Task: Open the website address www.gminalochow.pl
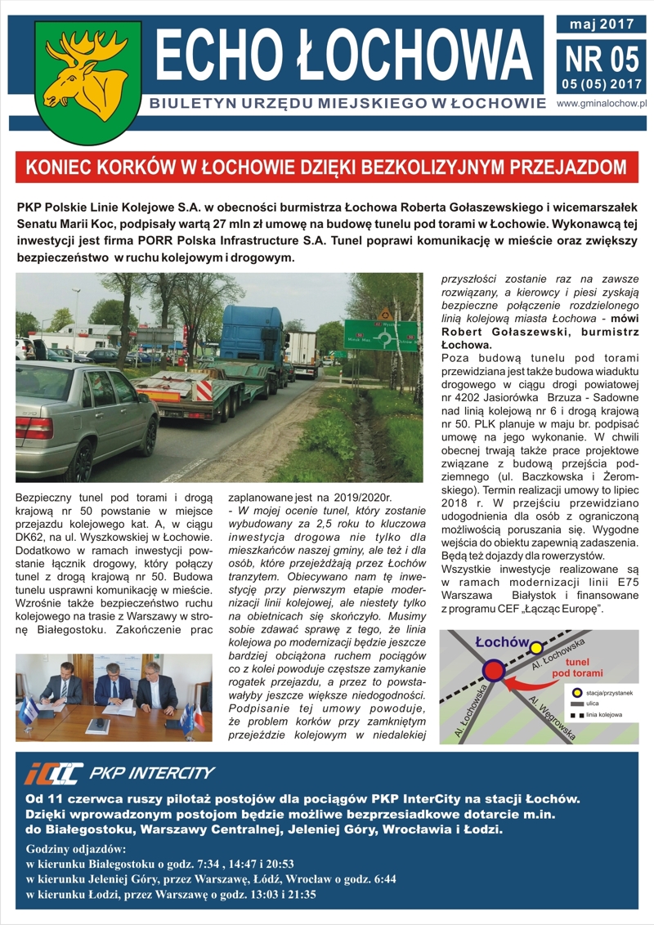[602, 104]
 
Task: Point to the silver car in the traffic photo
[82, 417]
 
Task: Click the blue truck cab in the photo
[253, 332]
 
